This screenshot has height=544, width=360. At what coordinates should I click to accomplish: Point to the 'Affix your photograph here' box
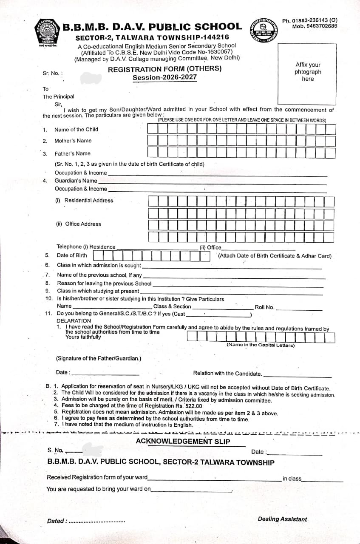pyautogui.click(x=308, y=72)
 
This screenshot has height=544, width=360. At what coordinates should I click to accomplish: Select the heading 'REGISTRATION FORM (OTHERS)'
pyautogui.click(x=164, y=69)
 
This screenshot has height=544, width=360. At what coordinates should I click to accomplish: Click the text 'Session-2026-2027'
pyautogui.click(x=164, y=78)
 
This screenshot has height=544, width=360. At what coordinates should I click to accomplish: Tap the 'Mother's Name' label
pyautogui.click(x=73, y=141)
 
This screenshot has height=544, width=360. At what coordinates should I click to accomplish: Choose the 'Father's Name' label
pyautogui.click(x=72, y=153)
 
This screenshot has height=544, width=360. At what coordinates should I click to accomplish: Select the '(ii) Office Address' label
pyautogui.click(x=79, y=224)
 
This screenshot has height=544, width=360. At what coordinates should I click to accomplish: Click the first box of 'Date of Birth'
pyautogui.click(x=97, y=255)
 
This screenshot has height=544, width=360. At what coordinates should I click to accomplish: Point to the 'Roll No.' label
pyautogui.click(x=264, y=307)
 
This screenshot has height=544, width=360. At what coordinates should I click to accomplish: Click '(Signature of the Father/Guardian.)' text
pyautogui.click(x=99, y=358)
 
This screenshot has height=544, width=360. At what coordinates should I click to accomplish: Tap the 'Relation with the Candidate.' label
pyautogui.click(x=227, y=373)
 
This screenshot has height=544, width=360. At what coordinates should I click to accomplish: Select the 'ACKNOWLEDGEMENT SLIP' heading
pyautogui.click(x=183, y=441)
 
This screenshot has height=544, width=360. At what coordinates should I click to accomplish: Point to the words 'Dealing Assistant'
pyautogui.click(x=282, y=519)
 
